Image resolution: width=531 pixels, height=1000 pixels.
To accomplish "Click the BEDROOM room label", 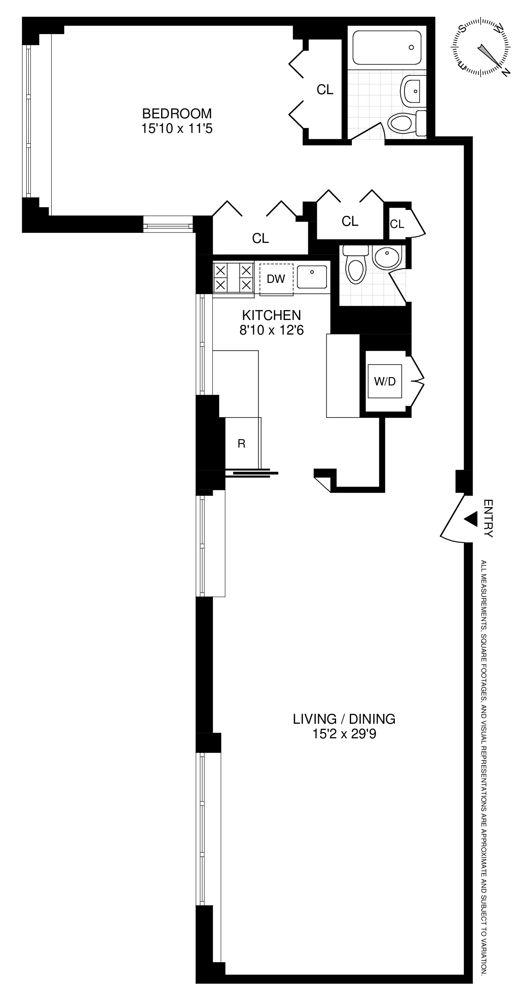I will coord(177,113).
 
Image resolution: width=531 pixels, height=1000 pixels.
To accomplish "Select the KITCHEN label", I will coord(271,315).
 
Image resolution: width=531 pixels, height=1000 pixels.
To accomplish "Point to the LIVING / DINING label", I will coord(344,719).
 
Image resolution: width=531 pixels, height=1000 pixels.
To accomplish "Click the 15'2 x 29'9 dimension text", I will coord(344,734).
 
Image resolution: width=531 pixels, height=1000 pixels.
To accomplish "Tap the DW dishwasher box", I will coord(276,279).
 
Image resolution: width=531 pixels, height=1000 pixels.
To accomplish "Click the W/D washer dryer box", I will coord(385,381).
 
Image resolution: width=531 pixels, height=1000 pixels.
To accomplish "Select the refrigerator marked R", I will coord(242,444).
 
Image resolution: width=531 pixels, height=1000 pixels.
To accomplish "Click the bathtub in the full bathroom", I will coord(386,47).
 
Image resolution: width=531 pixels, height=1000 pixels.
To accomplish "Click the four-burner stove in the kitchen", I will coord(234,277).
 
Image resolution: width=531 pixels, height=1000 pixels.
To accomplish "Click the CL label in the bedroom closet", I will coord(325,90).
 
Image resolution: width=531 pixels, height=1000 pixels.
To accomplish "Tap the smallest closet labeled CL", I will coord(397,224).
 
